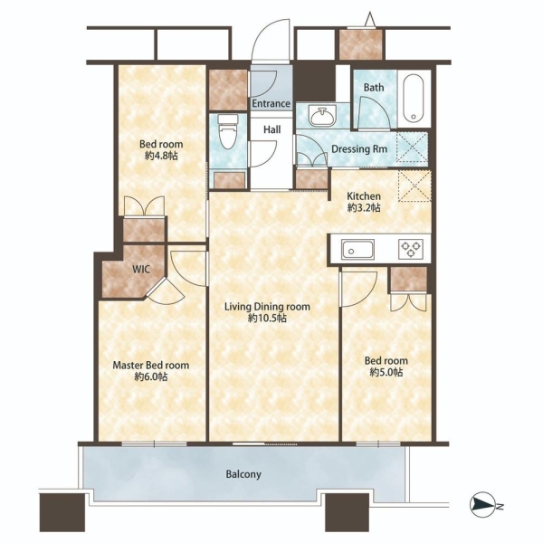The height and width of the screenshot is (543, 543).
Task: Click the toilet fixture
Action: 227,132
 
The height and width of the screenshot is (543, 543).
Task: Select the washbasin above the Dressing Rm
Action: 323,117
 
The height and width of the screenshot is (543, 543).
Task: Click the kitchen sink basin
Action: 357,250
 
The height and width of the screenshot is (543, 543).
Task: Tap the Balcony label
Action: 243,474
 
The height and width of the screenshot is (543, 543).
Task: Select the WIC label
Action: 141,269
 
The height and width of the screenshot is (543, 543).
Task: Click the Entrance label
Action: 271,103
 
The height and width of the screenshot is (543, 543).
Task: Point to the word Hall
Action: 271,129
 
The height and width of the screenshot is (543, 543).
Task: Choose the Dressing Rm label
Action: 359,149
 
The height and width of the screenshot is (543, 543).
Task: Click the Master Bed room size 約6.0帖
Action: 151,376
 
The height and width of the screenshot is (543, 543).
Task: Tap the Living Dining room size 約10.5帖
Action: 267,319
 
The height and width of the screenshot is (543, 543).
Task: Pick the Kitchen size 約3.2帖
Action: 364,208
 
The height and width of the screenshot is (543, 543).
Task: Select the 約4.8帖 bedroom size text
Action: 161,156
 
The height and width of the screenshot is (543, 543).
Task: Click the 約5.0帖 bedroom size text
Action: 386,372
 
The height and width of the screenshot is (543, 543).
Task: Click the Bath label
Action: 374,87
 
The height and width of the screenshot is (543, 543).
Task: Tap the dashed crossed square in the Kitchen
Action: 414,186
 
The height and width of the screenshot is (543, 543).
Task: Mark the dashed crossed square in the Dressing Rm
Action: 412,147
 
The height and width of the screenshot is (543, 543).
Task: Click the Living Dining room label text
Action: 267,307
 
